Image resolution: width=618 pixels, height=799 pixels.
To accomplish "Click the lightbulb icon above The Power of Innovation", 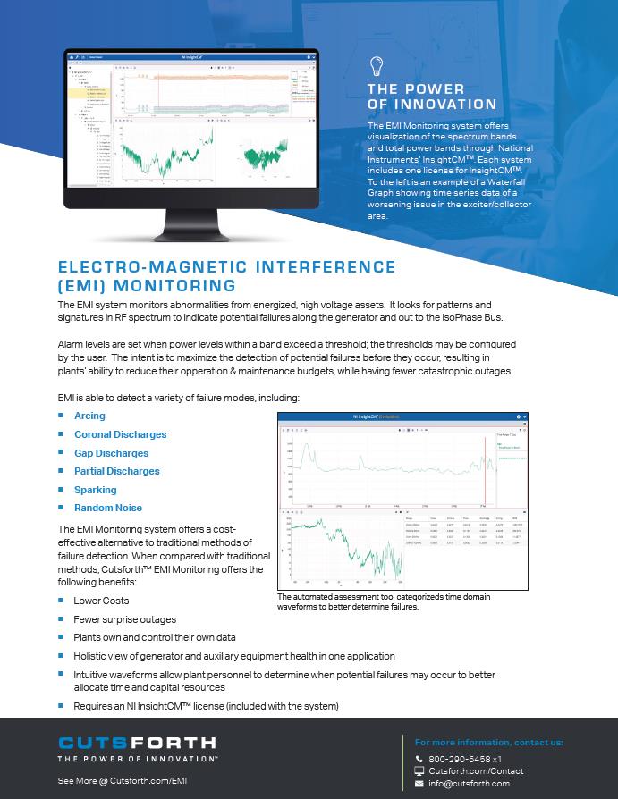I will [377, 65].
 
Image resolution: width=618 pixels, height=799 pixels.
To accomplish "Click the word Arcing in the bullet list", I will [89, 416].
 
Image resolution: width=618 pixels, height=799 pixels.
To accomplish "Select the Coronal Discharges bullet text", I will [120, 434].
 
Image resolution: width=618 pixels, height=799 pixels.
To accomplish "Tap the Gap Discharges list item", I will [111, 453].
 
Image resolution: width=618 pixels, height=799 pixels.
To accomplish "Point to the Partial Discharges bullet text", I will [116, 471].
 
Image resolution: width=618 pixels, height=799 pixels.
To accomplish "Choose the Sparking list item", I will [95, 490].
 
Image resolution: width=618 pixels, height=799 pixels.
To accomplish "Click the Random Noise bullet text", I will [107, 508].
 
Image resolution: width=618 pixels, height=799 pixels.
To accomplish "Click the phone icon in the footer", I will [419, 759].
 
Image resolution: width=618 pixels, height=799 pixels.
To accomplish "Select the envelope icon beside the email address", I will [419, 784].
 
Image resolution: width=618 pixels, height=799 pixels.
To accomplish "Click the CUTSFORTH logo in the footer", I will [136, 743].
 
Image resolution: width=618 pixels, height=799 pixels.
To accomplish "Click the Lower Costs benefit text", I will [101, 601].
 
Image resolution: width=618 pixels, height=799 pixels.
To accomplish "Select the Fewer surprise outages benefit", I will [124, 619].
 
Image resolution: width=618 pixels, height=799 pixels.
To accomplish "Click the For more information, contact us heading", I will [488, 742].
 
